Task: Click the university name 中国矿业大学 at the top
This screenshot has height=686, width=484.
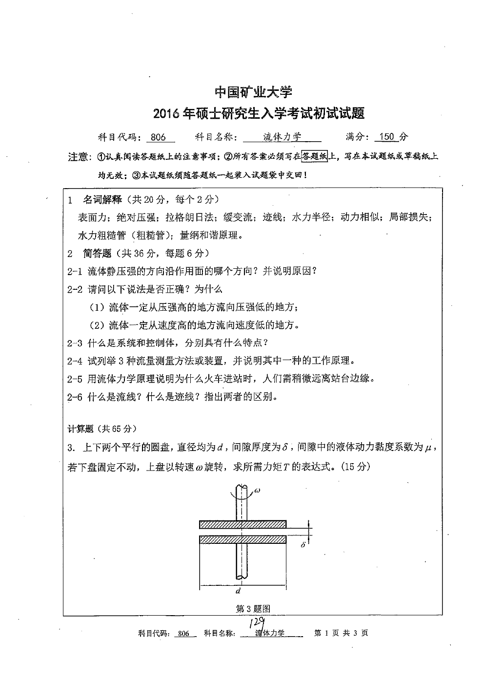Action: [x=254, y=92]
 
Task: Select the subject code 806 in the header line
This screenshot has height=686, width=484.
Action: [x=159, y=137]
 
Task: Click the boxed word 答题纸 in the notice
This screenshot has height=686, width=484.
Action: [x=315, y=157]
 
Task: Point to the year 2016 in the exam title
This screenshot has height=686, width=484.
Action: [x=166, y=114]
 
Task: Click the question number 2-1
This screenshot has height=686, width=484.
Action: [x=75, y=271]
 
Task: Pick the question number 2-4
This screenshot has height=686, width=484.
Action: [x=75, y=361]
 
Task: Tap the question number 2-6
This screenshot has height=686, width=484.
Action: [x=75, y=397]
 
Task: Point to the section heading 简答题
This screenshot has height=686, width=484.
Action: [x=97, y=253]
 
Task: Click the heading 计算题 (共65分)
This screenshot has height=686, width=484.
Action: [x=101, y=429]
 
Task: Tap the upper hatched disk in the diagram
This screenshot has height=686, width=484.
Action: [x=242, y=524]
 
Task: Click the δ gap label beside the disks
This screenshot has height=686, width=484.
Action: [x=303, y=544]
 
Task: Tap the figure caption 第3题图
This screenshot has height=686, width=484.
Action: [x=253, y=608]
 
